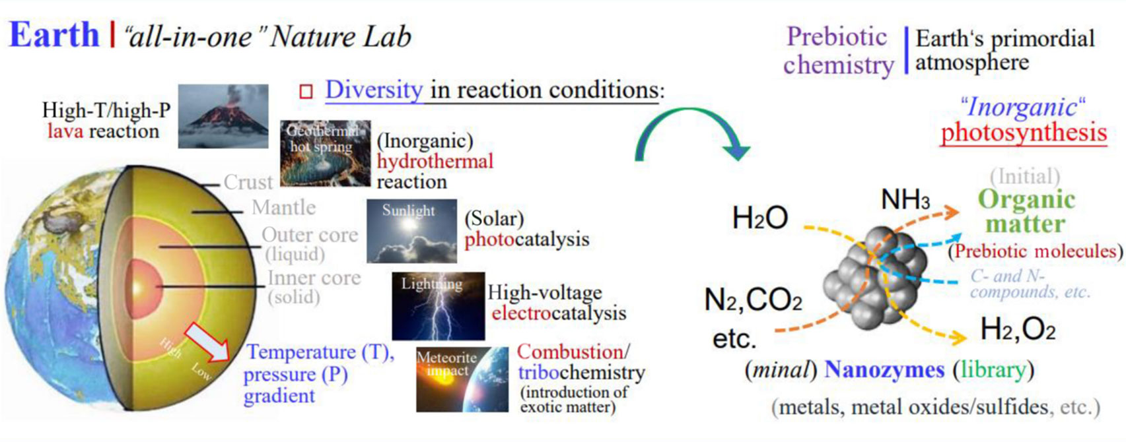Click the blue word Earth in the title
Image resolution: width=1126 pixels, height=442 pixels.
[x=54, y=35]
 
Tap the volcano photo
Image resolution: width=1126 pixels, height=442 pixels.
[x=223, y=116]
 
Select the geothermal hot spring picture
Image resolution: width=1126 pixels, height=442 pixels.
[x=325, y=153]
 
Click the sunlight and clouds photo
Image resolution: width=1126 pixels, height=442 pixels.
[x=411, y=231]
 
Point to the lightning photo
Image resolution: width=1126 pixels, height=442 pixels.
[x=439, y=306]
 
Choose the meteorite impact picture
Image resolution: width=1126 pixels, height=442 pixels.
[x=462, y=380]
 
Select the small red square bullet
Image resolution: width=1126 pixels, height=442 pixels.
[x=306, y=92]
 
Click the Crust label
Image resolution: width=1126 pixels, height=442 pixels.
[x=248, y=182]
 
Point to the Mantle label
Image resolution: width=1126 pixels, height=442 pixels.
[x=284, y=207]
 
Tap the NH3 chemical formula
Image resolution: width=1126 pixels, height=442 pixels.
[x=906, y=200]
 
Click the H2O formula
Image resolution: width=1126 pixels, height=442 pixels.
[x=760, y=218]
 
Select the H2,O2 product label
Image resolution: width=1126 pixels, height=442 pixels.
[x=1018, y=330]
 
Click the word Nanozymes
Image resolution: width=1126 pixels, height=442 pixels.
[x=885, y=369]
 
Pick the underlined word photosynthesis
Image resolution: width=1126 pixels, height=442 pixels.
[x=1024, y=133]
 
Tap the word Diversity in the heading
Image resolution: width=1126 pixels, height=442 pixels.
[x=374, y=90]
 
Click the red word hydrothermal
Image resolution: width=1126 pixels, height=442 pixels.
[x=435, y=161]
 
